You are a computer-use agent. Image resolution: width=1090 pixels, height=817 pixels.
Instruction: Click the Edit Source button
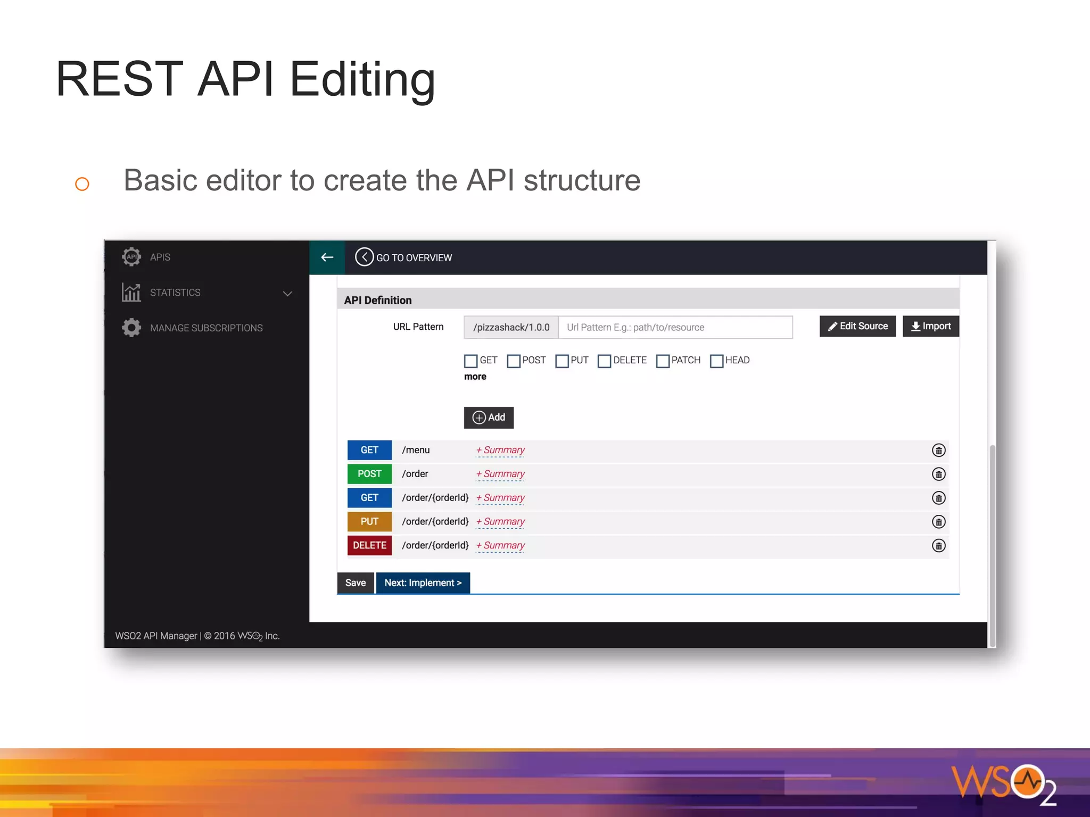(857, 326)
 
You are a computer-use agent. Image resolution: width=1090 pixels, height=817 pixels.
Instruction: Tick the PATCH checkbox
(663, 361)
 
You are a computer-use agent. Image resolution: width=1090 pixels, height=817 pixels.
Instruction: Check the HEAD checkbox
(716, 361)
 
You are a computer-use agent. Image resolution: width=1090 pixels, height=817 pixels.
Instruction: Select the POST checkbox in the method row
(514, 361)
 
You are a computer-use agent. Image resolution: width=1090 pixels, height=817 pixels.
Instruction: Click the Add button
(489, 418)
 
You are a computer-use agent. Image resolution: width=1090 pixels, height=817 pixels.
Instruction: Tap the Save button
(356, 583)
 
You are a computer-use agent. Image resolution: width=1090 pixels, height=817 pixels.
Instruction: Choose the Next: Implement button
(423, 583)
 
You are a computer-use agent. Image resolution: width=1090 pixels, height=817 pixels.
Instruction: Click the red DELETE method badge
(369, 546)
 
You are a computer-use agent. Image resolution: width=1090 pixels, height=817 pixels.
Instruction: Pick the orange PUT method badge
(369, 522)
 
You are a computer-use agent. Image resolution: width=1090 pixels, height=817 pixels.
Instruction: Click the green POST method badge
(369, 474)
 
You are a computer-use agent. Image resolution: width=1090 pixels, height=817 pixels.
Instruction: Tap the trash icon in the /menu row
(939, 451)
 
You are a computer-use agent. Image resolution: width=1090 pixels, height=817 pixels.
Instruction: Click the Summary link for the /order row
(501, 474)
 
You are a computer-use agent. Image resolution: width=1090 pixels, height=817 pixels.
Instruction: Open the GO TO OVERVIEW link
(404, 257)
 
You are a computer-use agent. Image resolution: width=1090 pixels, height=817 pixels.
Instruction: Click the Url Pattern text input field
(675, 327)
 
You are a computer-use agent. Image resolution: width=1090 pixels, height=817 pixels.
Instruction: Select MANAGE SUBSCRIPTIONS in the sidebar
(206, 328)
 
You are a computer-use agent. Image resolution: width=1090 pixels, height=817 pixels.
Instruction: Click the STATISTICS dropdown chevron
(288, 293)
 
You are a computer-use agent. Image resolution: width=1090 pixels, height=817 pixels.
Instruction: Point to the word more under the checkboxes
(475, 377)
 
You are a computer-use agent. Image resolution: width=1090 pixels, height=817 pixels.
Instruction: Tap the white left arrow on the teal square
(327, 257)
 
